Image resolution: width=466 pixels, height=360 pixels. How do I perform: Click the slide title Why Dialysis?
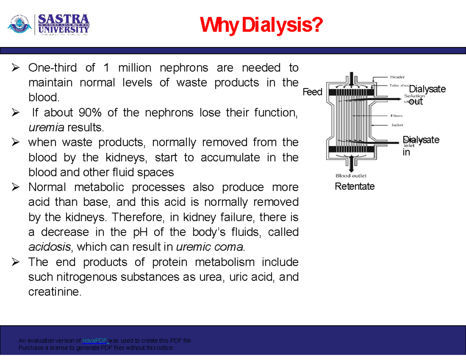(261, 27)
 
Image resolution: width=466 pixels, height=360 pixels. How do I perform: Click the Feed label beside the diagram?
(313, 92)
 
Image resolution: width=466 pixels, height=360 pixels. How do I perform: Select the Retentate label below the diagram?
(355, 187)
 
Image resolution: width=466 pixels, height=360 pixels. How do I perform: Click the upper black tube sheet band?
(351, 92)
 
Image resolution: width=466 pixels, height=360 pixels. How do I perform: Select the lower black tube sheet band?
(351, 150)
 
